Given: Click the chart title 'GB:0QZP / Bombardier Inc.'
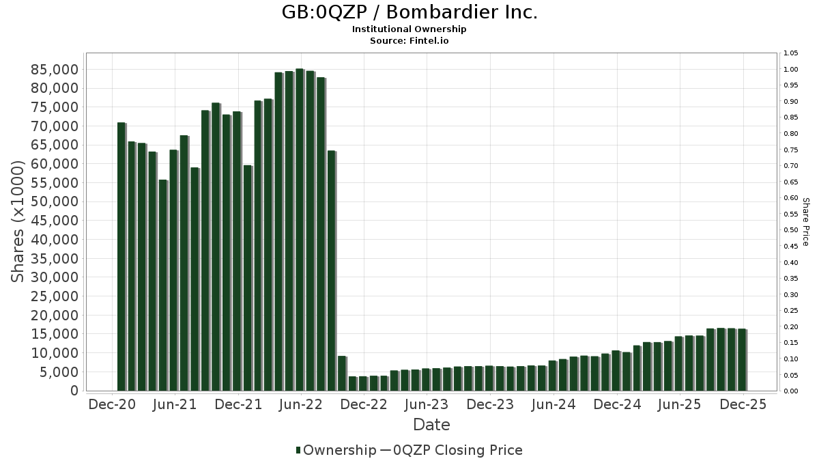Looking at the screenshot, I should [x=409, y=12].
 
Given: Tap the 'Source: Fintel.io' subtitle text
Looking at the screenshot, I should [x=409, y=40].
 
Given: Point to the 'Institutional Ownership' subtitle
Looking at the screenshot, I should [x=409, y=29].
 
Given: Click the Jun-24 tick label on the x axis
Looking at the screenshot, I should [x=553, y=405].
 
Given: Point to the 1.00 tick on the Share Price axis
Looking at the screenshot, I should [x=790, y=70].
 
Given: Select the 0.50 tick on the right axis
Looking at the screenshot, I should [x=790, y=230].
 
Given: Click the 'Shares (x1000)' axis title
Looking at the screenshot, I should [x=18, y=221].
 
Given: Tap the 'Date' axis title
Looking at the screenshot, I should [x=431, y=425].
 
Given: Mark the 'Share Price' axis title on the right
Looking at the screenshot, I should [x=805, y=221].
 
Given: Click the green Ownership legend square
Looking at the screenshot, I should [x=298, y=450].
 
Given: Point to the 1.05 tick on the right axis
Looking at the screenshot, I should [x=790, y=53].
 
